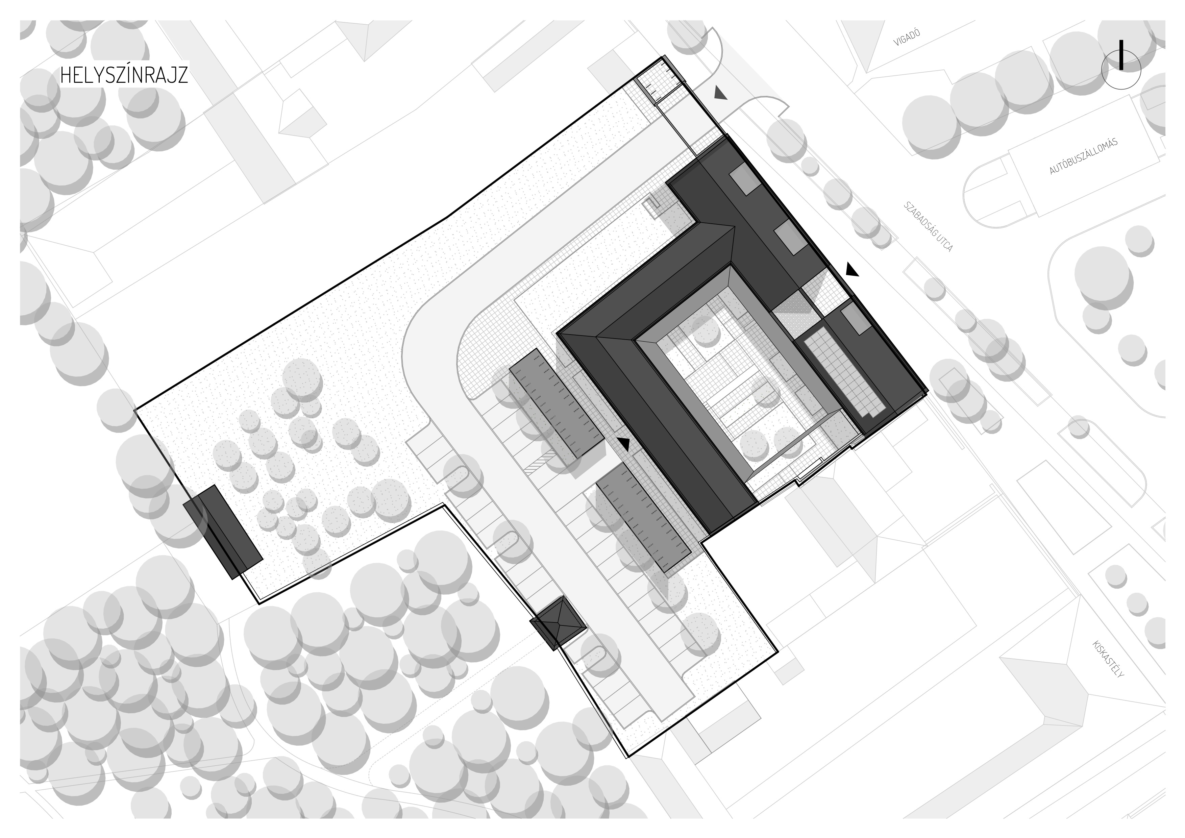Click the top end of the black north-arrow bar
coord(1121,41)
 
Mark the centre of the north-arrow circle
coord(1121,70)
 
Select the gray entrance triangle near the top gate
coord(721,93)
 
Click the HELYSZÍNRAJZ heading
coord(124,75)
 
